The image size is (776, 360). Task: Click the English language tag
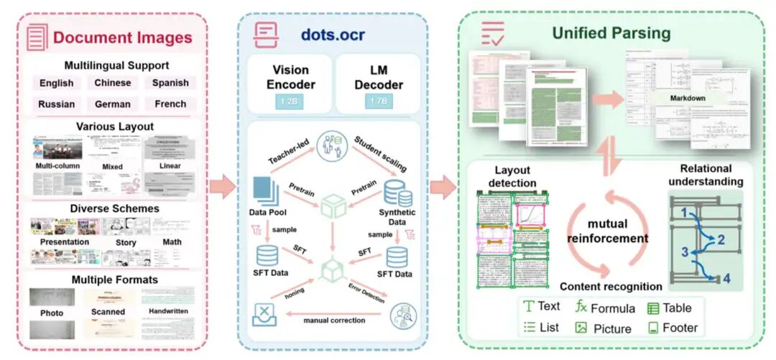tap(57, 83)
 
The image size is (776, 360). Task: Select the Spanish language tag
tap(170, 83)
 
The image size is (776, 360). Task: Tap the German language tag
tap(113, 103)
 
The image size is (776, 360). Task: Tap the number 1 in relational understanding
tap(684, 212)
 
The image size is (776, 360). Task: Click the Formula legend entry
tap(605, 308)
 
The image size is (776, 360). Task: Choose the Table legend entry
tap(670, 308)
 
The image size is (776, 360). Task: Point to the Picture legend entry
tap(603, 328)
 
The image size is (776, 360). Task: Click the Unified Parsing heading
tap(611, 33)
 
